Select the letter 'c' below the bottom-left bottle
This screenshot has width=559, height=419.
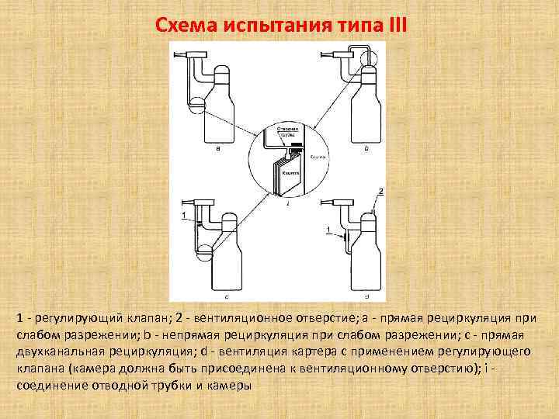225,296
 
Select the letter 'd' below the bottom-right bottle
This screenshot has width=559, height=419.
366,296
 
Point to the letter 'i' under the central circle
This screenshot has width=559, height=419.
288,204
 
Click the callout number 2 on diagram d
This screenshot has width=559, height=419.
380,191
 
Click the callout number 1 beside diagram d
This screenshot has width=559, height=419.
328,229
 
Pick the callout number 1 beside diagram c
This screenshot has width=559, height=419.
183,214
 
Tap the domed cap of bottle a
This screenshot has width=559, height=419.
224,74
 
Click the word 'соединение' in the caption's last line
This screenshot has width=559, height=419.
50,386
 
